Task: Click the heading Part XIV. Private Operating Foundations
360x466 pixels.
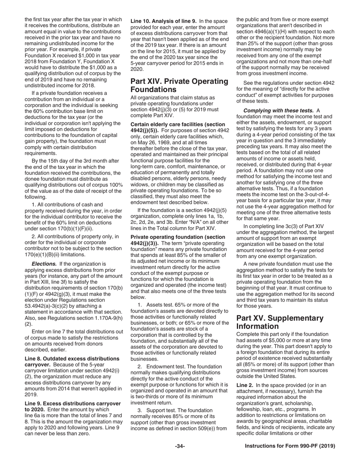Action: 179,85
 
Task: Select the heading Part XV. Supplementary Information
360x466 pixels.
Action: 280,322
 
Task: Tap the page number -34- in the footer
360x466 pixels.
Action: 180,446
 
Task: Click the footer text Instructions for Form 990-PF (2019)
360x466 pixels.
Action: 290,446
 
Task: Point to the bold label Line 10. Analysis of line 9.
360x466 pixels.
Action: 163,20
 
